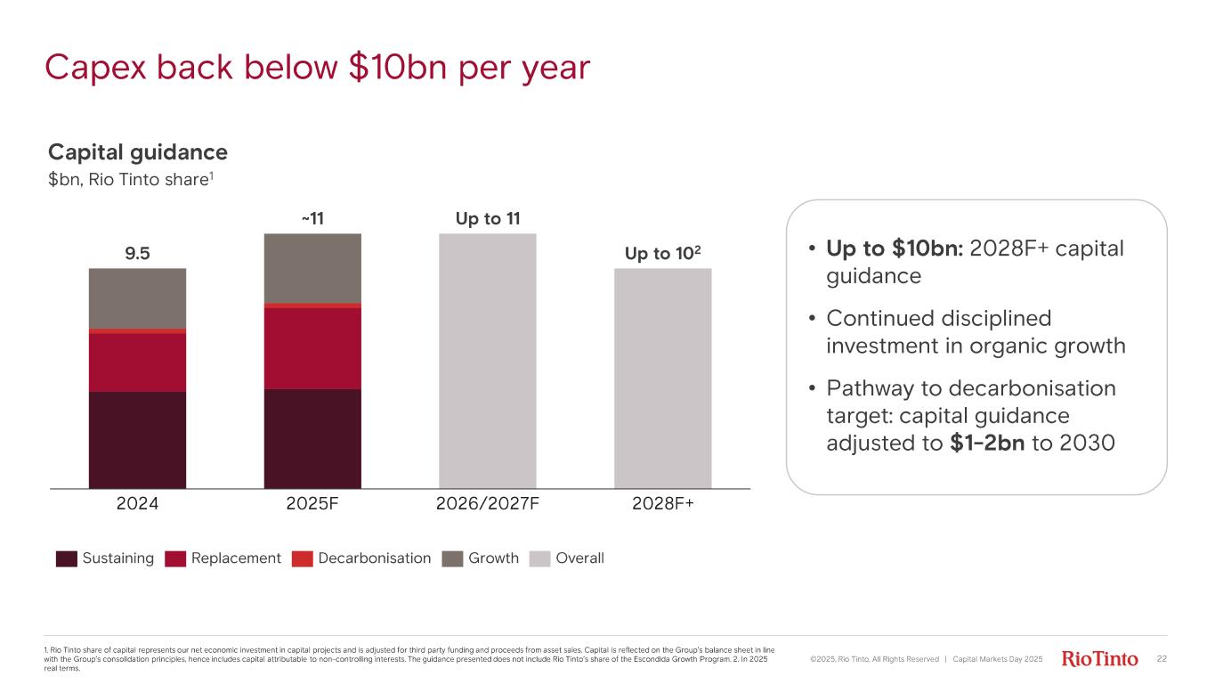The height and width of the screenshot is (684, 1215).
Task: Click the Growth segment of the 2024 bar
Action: pos(137,298)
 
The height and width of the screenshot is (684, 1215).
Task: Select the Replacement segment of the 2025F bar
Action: pos(312,348)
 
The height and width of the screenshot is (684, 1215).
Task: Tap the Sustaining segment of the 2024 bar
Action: pos(137,440)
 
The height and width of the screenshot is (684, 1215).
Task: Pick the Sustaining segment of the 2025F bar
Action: pos(312,438)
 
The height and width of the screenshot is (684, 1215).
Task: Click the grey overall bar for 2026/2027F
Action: pos(488,361)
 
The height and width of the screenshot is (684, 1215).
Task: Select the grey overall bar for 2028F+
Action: pos(663,378)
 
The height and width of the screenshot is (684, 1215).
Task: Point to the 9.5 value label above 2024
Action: pos(137,254)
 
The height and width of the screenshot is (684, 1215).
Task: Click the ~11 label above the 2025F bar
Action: pos(312,218)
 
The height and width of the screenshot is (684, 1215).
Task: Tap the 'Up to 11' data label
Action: pos(488,218)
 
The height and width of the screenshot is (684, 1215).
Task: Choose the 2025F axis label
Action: pos(312,503)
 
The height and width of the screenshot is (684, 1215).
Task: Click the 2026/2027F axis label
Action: pos(488,503)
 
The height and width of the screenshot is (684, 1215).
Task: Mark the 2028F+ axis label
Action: pos(663,503)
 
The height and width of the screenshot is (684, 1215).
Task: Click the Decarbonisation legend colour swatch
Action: pos(303,558)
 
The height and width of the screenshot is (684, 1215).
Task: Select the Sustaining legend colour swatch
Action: pos(67,558)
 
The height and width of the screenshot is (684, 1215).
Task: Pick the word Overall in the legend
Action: pos(579,558)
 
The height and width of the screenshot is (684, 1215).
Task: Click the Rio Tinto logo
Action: pos(1100,659)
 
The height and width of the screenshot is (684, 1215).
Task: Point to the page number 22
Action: pos(1161,659)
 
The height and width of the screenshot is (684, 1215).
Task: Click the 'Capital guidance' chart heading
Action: pos(138,152)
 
